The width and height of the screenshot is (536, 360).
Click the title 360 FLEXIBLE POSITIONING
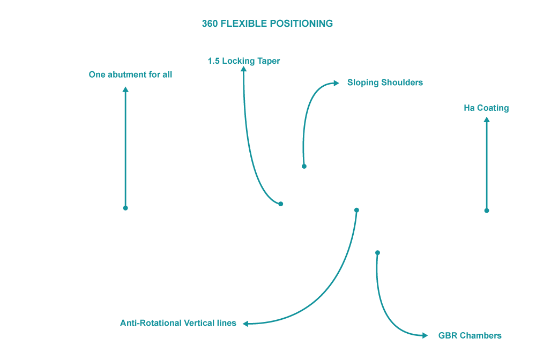pos(267,24)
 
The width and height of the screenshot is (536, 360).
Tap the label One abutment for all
pos(130,74)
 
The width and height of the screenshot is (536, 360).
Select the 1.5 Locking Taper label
pos(244,61)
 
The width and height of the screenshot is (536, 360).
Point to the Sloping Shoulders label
pos(385,82)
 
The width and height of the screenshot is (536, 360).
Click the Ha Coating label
pos(486,108)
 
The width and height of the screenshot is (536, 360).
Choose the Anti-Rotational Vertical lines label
pos(178,323)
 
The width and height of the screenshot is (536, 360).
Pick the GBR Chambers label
pos(470,335)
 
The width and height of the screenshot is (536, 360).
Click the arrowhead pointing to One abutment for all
pos(125,89)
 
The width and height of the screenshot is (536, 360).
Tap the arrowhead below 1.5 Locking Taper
pos(244,69)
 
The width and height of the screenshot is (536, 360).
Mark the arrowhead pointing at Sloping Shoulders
pos(336,83)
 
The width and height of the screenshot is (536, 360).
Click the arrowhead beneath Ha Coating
pos(487,120)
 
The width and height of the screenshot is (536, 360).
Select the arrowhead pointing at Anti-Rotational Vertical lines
pos(246,324)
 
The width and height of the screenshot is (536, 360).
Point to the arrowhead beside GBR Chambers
pos(425,335)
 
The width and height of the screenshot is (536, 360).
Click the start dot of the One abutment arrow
pos(125,208)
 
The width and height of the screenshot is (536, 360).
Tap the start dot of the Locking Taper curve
pos(281,204)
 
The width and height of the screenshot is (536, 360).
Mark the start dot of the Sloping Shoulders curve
pos(304,166)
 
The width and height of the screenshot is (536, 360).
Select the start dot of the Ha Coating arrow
pos(487,211)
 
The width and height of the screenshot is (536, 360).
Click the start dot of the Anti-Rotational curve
pos(356,210)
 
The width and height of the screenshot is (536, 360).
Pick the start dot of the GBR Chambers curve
pos(377,253)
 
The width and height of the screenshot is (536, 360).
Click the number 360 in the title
pos(210,24)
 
